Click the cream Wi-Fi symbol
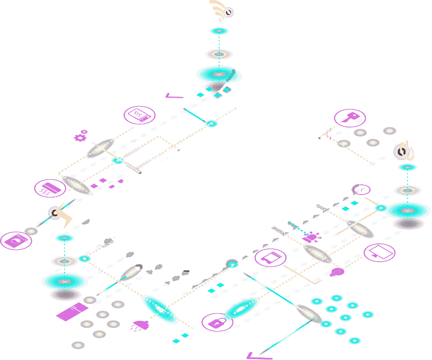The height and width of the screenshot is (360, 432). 220,10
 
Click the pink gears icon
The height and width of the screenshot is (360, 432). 80,135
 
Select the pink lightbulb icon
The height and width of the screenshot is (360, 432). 336,272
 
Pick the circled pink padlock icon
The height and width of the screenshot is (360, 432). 217,322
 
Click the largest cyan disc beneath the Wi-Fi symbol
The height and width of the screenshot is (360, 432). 219,75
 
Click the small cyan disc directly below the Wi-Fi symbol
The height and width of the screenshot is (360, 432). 219,31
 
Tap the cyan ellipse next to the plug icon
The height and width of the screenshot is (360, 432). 160,309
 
